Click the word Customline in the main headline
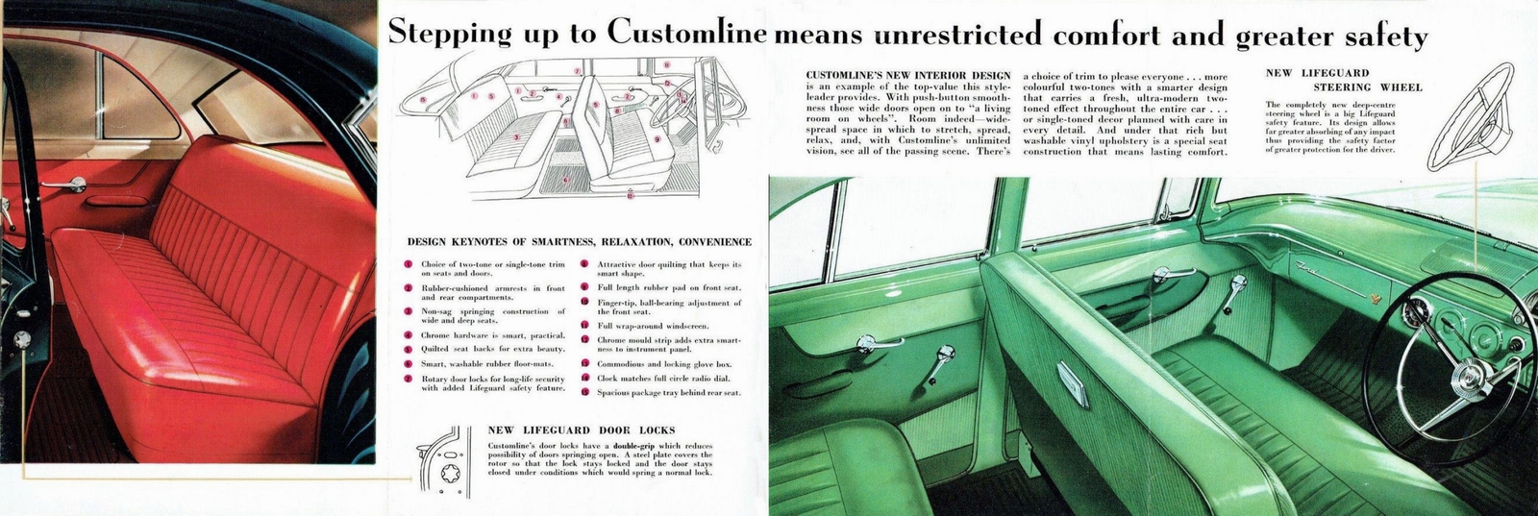click(x=686, y=34)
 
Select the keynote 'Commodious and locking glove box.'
click(x=664, y=364)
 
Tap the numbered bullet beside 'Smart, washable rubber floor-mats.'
click(x=409, y=364)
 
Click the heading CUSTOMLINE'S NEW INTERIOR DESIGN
click(x=908, y=75)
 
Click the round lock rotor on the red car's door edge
click(x=21, y=339)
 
